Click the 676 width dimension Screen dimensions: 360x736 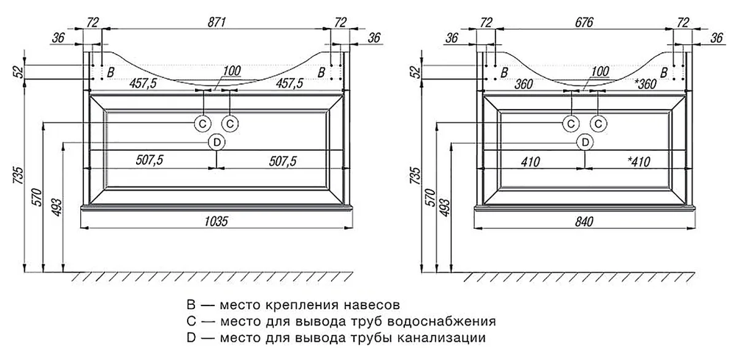pos(584,23)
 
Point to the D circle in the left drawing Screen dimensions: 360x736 pos(216,142)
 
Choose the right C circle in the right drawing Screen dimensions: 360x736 pos(599,122)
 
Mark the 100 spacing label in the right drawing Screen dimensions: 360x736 pos(600,71)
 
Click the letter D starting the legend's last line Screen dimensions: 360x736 pos(191,339)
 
